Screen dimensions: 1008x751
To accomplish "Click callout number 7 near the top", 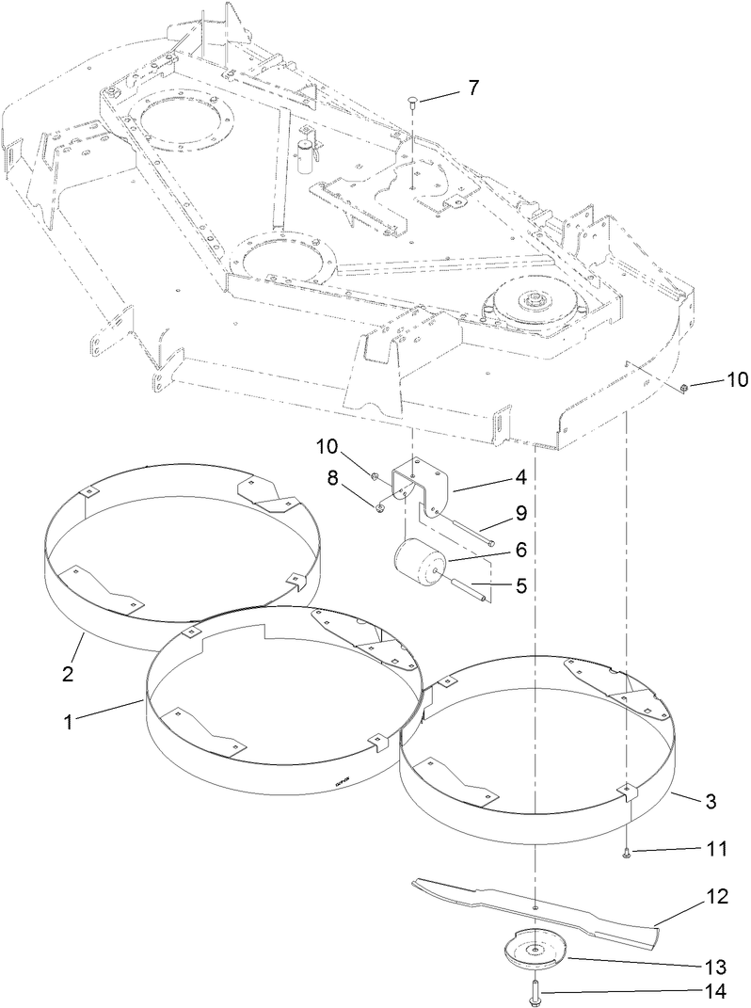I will [x=472, y=88].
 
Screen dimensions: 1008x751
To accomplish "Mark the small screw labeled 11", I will [x=626, y=853].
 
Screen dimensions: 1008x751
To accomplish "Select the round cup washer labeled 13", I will [x=534, y=953].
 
